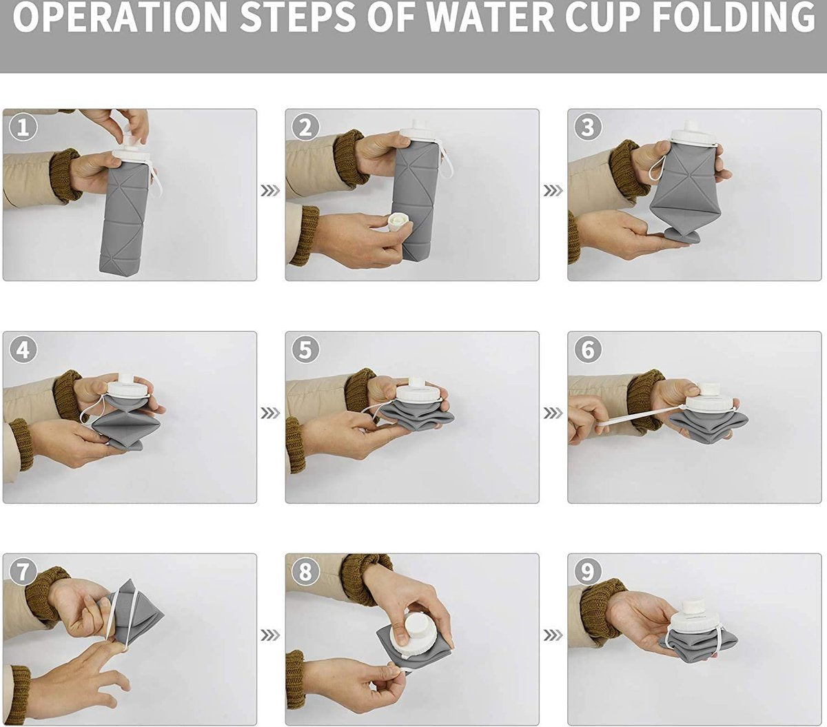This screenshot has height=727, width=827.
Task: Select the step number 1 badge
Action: point(23,127)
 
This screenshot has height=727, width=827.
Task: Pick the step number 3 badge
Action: point(588,127)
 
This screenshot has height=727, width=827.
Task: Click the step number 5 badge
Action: point(305,350)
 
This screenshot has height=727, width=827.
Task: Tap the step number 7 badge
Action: point(23,572)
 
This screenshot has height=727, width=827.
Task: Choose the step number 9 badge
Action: point(588,572)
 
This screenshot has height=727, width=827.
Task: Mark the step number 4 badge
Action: point(23,350)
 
